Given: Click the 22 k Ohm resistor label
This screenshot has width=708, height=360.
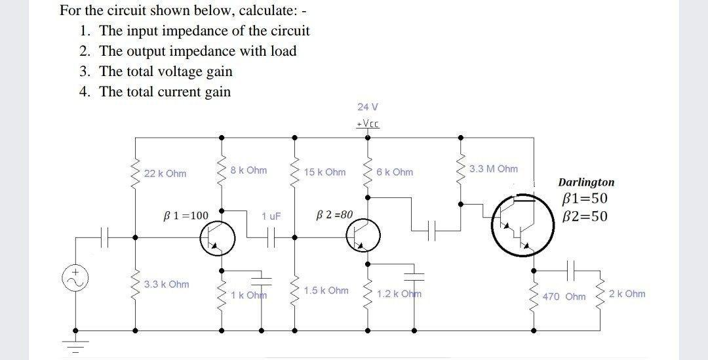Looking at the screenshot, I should point(165,174).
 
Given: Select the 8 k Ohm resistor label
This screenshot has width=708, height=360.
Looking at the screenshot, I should point(248,170).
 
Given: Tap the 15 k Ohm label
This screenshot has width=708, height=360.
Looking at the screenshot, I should point(324,172).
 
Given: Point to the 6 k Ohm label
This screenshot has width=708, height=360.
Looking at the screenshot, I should point(395,172).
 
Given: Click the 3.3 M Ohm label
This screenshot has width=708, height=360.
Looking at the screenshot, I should point(494,169).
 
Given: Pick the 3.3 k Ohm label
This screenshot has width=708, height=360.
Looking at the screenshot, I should point(167,285).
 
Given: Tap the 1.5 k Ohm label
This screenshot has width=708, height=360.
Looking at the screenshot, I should point(326,290).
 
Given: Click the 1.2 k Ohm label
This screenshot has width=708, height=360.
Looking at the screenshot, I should point(399,294).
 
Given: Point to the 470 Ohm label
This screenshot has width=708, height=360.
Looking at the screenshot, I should point(564,297).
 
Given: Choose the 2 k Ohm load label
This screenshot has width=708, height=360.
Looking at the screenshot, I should point(627,294).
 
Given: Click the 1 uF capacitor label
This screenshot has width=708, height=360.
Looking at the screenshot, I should point(271,216).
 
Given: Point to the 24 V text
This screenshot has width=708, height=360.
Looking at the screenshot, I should point(368,106).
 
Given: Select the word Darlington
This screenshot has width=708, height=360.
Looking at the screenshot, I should point(586,182).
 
